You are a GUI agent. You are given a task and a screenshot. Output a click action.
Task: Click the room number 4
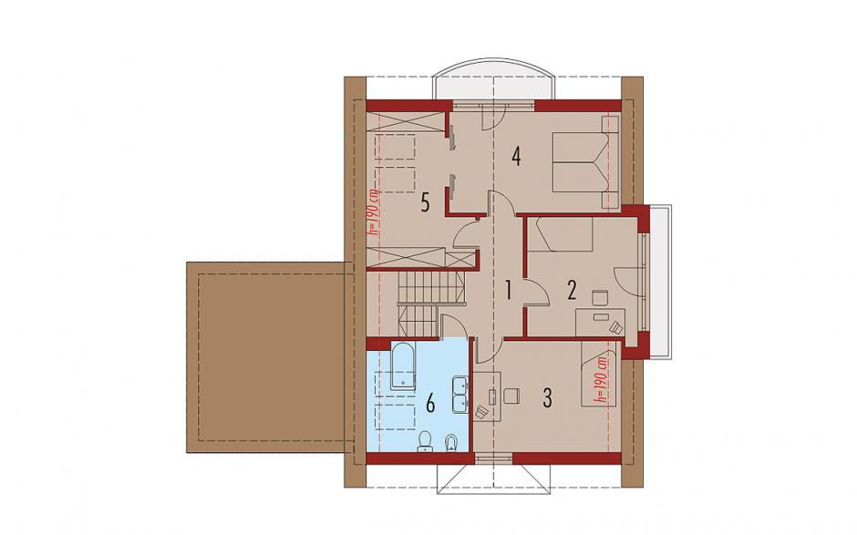516,157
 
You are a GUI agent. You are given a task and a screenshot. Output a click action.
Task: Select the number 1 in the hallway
509,290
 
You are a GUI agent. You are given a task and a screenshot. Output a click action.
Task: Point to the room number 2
572,290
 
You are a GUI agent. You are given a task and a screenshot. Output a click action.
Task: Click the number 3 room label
547,397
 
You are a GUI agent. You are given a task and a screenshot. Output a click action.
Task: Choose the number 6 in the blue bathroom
430,405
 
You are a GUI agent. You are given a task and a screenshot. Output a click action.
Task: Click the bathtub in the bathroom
402,366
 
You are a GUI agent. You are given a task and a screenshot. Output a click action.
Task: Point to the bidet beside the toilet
451,443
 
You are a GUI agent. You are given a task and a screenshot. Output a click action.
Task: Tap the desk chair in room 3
511,396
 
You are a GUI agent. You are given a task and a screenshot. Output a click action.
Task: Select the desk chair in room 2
600,297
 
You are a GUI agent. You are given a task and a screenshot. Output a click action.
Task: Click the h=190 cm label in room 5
374,211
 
